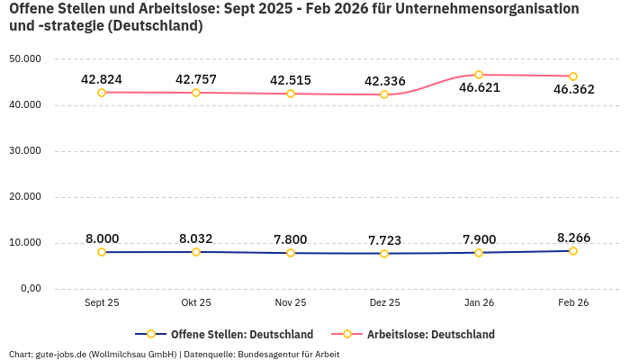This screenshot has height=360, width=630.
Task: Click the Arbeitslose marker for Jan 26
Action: (x=479, y=75)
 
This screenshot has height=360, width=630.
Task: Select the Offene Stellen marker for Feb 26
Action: (x=573, y=251)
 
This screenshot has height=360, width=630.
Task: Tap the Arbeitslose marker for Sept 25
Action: (x=102, y=93)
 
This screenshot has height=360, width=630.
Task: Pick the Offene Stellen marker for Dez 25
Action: (x=384, y=254)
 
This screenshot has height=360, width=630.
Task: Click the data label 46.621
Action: (x=479, y=88)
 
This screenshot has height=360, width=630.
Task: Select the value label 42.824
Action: (x=102, y=80)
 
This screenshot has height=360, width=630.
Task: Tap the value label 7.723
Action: (x=384, y=240)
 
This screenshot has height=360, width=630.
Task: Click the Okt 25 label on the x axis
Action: (x=196, y=303)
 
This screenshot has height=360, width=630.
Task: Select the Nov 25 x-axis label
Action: (x=290, y=303)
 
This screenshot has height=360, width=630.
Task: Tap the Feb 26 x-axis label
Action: (x=573, y=303)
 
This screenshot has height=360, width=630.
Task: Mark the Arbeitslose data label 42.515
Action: (x=290, y=81)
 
